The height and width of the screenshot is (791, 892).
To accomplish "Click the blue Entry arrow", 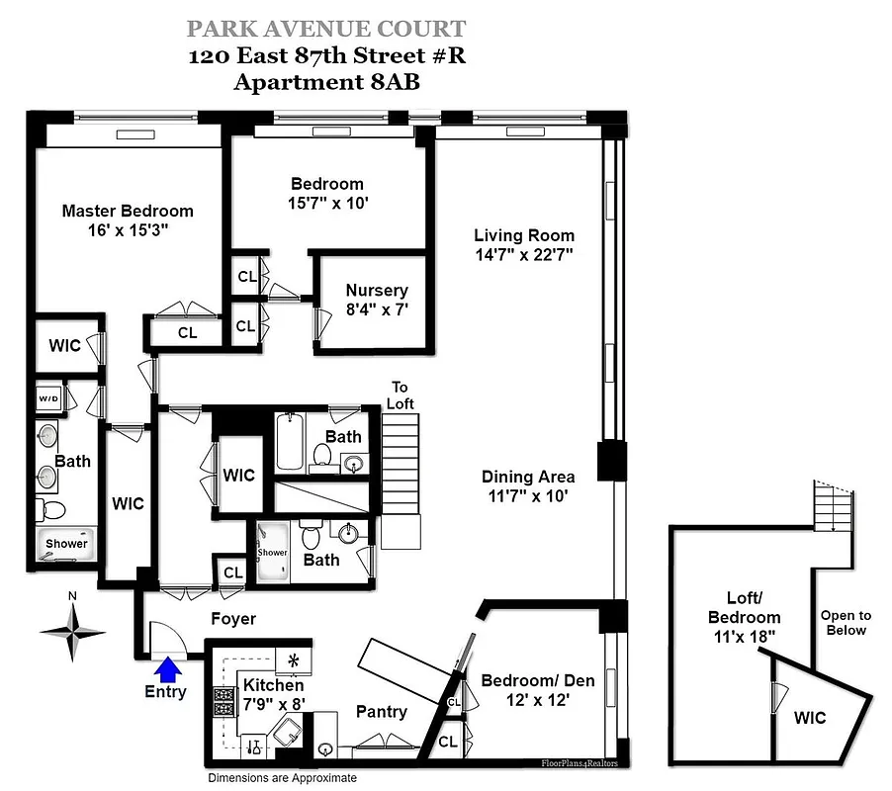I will pyautogui.click(x=169, y=669).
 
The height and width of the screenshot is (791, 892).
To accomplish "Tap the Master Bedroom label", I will pyautogui.click(x=128, y=211).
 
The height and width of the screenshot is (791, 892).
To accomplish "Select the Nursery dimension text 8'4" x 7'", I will pyautogui.click(x=377, y=309).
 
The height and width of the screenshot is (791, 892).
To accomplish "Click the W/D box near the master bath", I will pyautogui.click(x=48, y=399).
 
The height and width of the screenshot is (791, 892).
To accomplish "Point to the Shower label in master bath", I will pyautogui.click(x=66, y=544).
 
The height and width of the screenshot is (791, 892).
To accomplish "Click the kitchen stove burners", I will pyautogui.click(x=223, y=700).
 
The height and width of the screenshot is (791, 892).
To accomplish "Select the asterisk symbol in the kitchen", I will pyautogui.click(x=293, y=659).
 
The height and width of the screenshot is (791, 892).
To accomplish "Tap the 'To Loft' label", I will pyautogui.click(x=400, y=395).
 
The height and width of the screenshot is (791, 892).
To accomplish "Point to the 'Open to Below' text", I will pyautogui.click(x=846, y=623).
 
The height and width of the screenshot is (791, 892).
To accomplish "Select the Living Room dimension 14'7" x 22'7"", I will pyautogui.click(x=524, y=254).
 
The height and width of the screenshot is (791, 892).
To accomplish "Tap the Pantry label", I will pyautogui.click(x=381, y=712).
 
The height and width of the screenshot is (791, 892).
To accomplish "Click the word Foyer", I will pyautogui.click(x=233, y=619).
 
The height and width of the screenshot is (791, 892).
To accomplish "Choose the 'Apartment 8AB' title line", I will pyautogui.click(x=326, y=82).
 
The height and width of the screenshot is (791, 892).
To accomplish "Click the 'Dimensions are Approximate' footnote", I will pyautogui.click(x=282, y=778).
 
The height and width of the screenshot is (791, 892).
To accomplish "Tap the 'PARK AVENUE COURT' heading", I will pyautogui.click(x=325, y=30).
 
